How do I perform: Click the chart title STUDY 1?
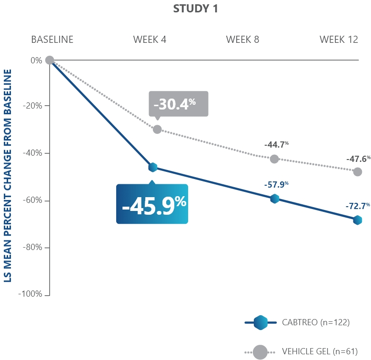[196, 9]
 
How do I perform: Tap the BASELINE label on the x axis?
[52, 40]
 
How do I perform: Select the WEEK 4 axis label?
[150, 40]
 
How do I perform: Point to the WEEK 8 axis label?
[242, 40]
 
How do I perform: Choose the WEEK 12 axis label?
[339, 40]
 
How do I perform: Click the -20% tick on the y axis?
[32, 106]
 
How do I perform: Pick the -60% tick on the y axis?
[32, 200]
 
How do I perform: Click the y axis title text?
[9, 175]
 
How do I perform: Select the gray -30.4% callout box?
[179, 103]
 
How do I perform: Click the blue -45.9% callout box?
[152, 204]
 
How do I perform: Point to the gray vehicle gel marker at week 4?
[157, 130]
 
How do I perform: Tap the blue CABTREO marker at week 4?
[153, 167]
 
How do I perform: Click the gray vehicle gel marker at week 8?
[274, 159]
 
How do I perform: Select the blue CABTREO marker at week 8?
[274, 199]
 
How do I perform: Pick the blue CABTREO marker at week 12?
[357, 220]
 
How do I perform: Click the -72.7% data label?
[358, 206]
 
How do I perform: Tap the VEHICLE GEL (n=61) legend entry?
[300, 352]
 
